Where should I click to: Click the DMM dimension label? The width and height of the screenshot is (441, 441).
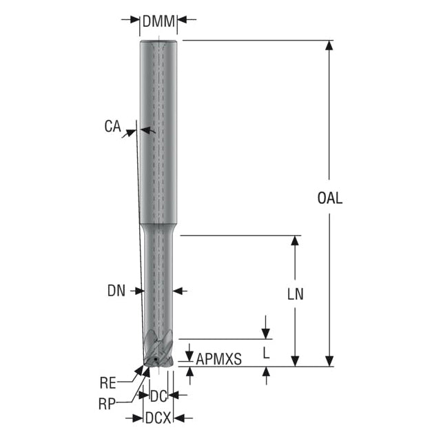(x=158, y=21)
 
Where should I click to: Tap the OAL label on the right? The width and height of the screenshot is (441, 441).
(x=329, y=198)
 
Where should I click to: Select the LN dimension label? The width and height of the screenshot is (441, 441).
(x=296, y=294)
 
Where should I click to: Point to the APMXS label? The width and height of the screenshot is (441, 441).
(x=218, y=359)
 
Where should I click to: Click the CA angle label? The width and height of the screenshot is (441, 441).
(x=112, y=126)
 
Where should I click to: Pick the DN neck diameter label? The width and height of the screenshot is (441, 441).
(x=116, y=291)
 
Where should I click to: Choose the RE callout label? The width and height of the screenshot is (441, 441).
(x=107, y=383)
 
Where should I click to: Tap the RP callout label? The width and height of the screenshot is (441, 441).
(x=107, y=404)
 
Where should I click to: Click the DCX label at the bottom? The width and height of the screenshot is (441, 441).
(x=158, y=418)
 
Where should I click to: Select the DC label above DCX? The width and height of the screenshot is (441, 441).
(x=158, y=397)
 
